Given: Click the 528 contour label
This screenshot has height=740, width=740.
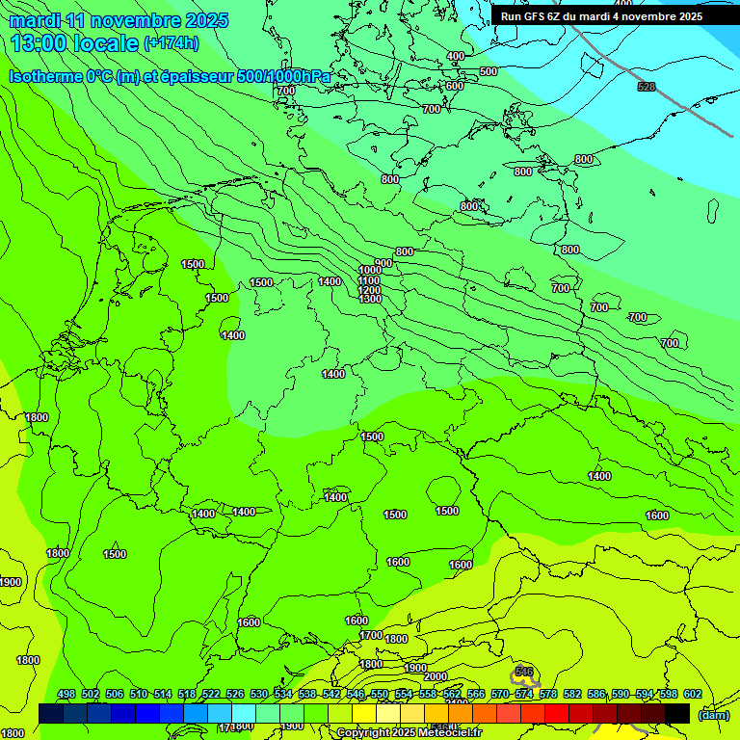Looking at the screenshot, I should point(647,88).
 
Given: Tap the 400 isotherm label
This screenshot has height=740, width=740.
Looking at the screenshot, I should point(456,57).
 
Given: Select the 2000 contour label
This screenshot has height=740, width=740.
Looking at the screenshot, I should point(436,676).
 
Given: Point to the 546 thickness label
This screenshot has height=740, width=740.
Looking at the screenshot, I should point(524,672).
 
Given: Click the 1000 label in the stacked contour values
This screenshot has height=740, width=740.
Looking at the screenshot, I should point(370,271).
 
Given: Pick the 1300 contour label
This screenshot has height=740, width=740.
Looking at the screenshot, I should point(370,300).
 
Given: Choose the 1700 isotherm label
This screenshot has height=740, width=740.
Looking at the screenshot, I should point(371,636).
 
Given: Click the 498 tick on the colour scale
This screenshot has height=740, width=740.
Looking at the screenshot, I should point(66,695).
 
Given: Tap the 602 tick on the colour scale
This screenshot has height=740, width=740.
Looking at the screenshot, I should point(693,695).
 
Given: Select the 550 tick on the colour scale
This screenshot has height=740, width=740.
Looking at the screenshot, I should point(380,695).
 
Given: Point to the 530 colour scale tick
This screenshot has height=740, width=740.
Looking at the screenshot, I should point(259,695).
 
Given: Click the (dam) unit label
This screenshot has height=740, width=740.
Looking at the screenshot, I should point(714,715).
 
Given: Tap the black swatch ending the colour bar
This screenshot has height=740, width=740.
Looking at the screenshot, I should point(677,713).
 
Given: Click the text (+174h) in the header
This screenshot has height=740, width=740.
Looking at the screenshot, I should point(172,43).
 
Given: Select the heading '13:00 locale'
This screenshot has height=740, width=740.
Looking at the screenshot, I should point(75,43).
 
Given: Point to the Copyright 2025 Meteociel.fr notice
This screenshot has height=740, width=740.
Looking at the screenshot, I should point(409,733).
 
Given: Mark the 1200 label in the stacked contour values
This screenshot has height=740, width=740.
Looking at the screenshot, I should point(370,290).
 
